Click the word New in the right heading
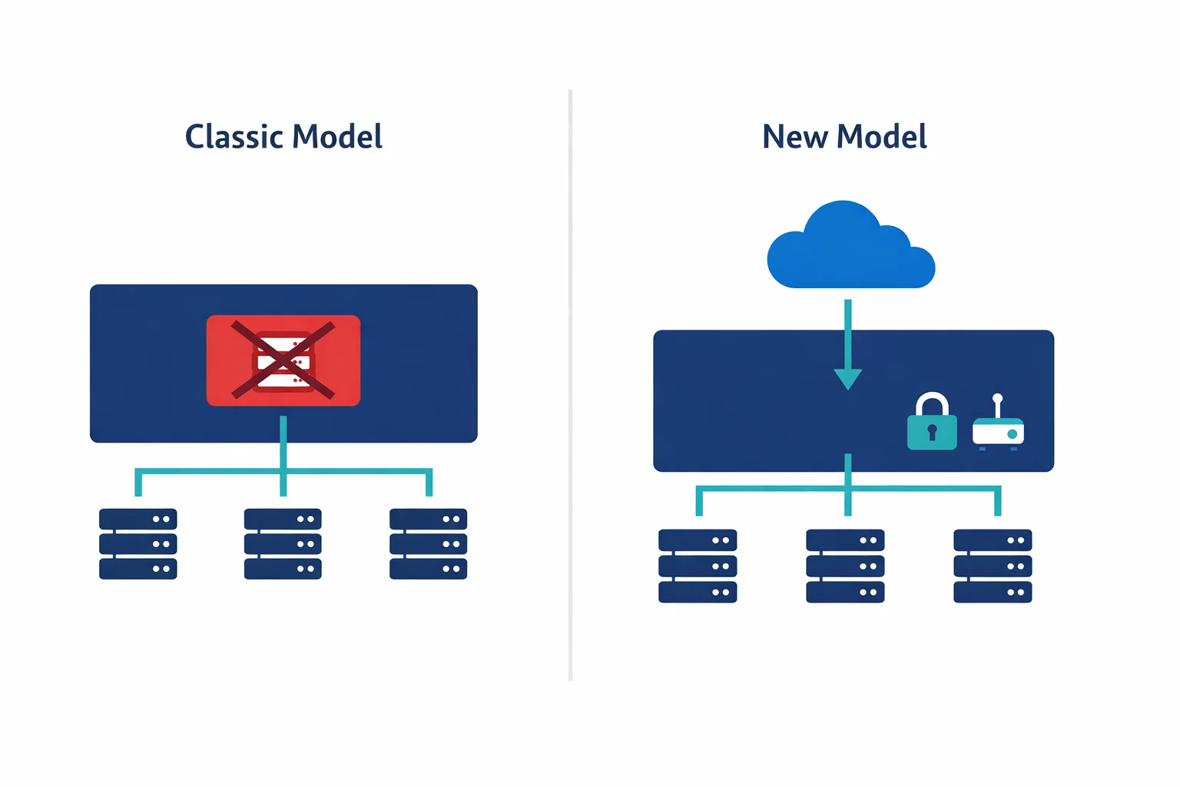click(794, 137)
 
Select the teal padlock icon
click(932, 430)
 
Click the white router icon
click(998, 432)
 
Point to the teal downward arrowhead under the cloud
click(847, 379)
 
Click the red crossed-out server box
click(283, 360)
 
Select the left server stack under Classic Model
click(138, 543)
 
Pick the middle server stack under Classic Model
click(283, 543)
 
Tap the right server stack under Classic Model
click(428, 543)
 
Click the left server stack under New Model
click(698, 566)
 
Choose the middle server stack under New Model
click(845, 566)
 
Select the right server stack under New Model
click(993, 566)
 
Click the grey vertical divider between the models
click(570, 384)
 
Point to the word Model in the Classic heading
click(337, 137)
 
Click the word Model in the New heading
click(882, 137)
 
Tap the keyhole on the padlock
click(932, 431)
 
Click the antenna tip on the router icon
click(997, 398)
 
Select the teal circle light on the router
click(1013, 434)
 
